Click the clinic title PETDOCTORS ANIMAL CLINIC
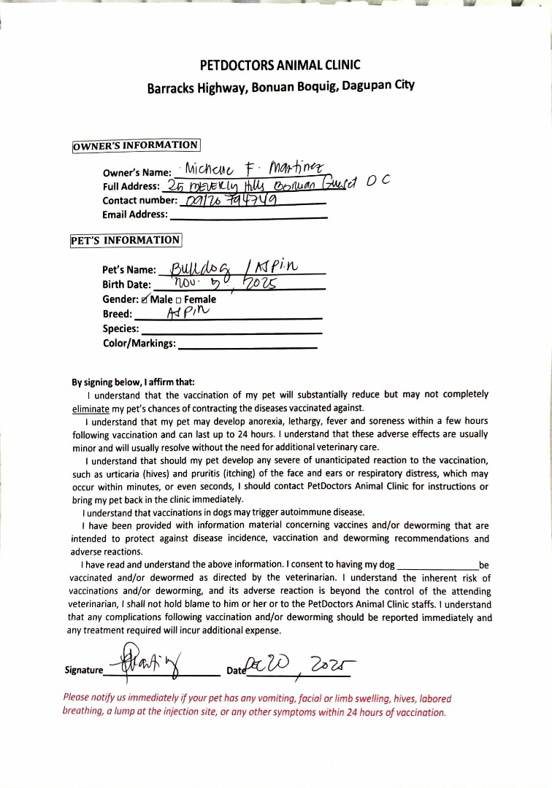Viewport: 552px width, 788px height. pos(280,65)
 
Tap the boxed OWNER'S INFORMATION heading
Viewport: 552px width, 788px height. pos(135,145)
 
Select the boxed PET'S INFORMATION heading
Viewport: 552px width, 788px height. pos(125,240)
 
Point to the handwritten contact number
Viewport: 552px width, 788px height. pos(226,200)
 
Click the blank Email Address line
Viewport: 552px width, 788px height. pos(248,216)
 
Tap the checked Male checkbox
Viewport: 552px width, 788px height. pos(145,299)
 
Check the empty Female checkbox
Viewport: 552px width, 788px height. pos(179,300)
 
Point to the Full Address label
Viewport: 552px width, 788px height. pos(131,186)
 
